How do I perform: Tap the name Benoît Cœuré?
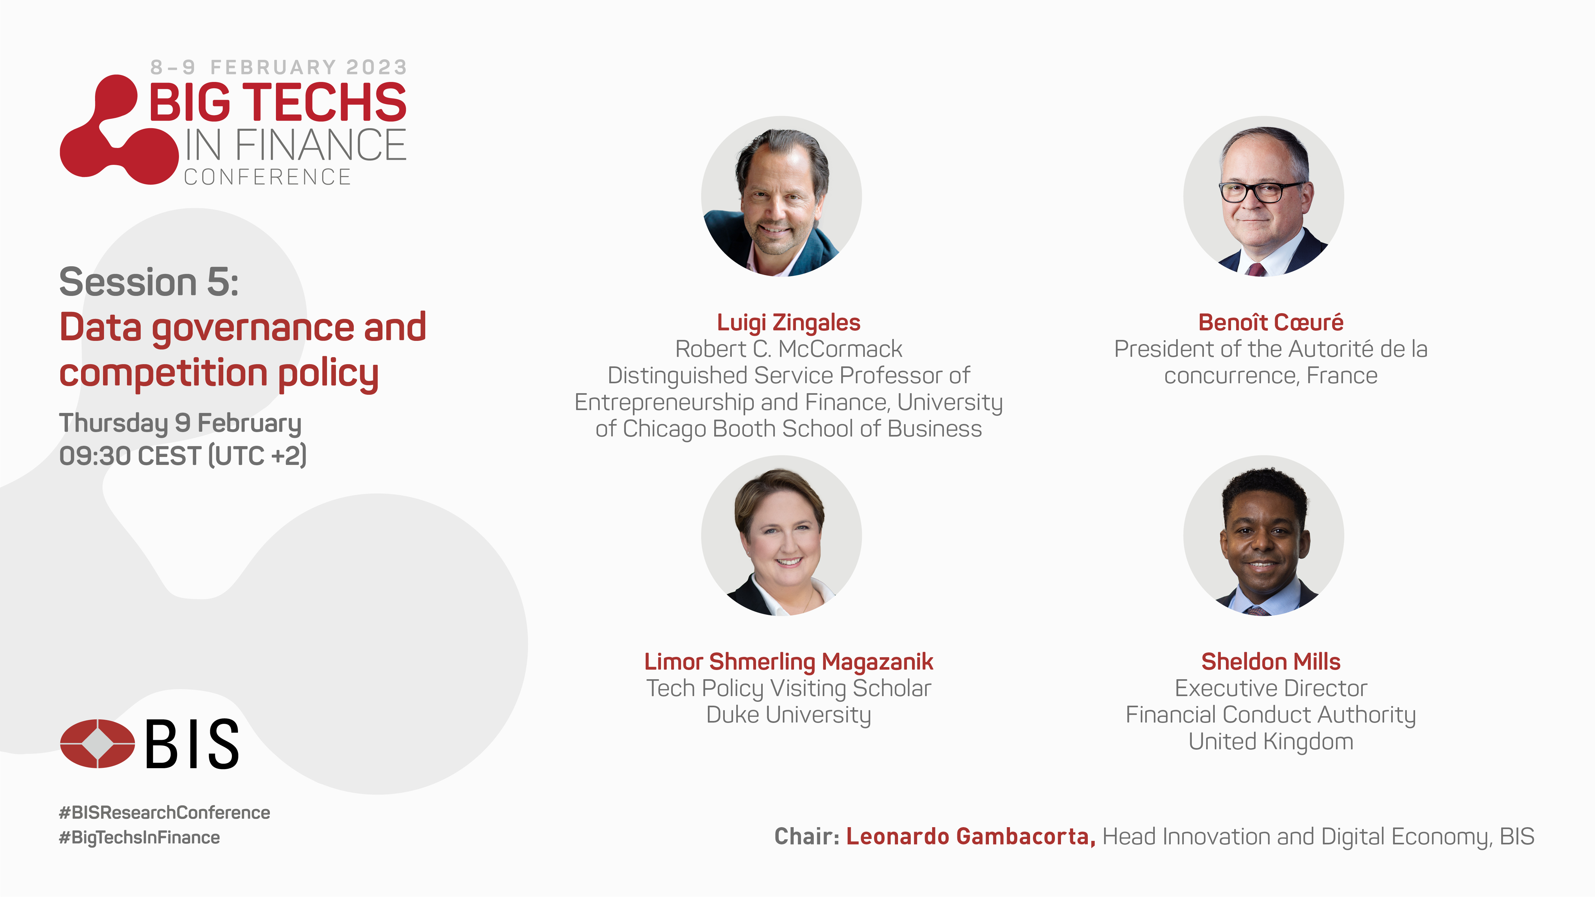1271,322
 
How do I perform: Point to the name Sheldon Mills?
1271,662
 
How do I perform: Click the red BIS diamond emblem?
97,744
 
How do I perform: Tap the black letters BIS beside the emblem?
192,744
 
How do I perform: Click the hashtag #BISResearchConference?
164,812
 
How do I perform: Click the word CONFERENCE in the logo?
268,177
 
